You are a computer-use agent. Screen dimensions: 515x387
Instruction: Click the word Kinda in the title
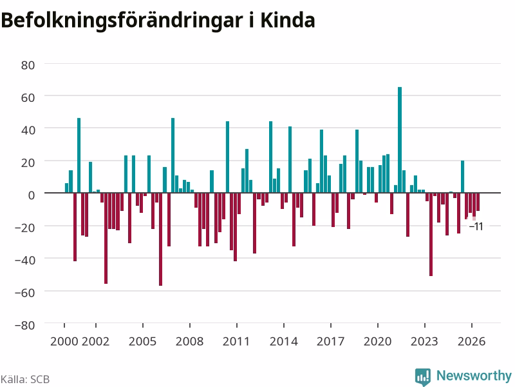(288, 21)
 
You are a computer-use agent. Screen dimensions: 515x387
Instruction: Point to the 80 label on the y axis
(28, 65)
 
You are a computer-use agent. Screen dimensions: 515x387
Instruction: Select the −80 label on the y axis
(24, 325)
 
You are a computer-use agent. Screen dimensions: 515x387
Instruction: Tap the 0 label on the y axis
(31, 195)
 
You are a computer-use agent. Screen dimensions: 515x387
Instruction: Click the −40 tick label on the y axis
(24, 261)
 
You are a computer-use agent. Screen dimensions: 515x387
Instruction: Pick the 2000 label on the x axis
(64, 341)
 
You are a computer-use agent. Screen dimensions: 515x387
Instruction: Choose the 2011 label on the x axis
(236, 341)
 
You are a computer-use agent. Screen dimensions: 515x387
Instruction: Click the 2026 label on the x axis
(471, 341)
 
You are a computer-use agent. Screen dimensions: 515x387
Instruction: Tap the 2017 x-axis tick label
(330, 341)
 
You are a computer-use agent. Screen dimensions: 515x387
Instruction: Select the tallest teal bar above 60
(400, 140)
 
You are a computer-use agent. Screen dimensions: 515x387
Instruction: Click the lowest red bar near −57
(160, 239)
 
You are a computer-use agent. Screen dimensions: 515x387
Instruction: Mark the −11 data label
(476, 226)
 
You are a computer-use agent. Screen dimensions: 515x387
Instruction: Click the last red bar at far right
(478, 202)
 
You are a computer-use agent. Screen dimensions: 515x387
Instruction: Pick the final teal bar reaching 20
(462, 177)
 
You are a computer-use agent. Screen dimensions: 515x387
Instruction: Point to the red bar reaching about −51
(431, 234)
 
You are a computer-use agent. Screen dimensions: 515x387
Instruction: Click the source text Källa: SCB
(25, 379)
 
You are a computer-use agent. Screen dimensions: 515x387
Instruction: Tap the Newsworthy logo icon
(423, 377)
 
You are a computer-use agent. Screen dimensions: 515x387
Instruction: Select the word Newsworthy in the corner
(474, 375)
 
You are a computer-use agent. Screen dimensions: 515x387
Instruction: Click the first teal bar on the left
(67, 188)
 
